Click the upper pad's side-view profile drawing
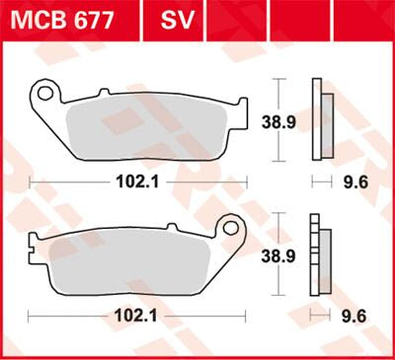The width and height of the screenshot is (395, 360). pyautogui.click(x=319, y=117)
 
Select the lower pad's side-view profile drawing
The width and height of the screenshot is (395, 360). pyautogui.click(x=318, y=251)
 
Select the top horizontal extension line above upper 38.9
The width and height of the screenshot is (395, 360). pyautogui.click(x=281, y=79)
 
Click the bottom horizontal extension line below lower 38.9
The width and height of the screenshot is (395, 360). pyautogui.click(x=281, y=293)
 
